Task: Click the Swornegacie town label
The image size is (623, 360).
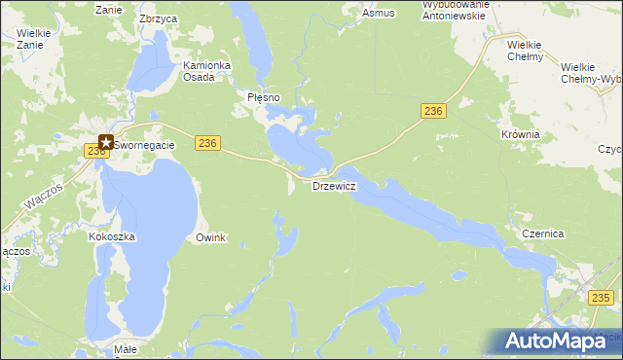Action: click(145, 145)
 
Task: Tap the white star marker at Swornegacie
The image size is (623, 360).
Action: click(106, 142)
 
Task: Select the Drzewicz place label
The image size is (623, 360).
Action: click(333, 185)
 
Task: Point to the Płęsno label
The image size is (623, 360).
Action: click(263, 97)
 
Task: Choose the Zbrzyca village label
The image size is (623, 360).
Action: click(158, 18)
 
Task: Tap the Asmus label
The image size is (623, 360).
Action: click(378, 14)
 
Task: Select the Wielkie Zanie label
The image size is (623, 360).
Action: click(33, 38)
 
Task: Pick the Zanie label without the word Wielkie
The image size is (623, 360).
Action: click(107, 10)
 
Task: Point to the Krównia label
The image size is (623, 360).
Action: click(519, 134)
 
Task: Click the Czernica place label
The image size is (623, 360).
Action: click(543, 234)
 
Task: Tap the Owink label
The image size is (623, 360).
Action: click(210, 237)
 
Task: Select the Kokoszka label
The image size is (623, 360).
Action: click(111, 236)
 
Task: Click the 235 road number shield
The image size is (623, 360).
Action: click(604, 298)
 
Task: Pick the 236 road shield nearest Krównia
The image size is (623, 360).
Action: click(434, 112)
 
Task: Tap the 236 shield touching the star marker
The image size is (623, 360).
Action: click(95, 151)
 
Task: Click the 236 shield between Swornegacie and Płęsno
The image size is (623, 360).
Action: click(205, 143)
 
